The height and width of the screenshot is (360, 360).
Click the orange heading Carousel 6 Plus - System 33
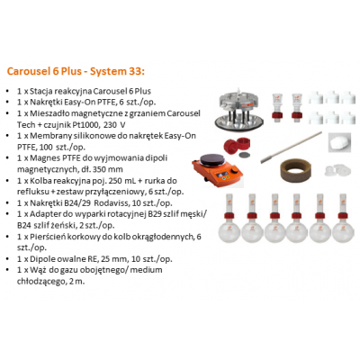(x=76, y=71)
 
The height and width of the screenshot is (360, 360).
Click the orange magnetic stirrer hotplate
(x=217, y=170)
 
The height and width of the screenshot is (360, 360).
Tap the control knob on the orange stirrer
(x=237, y=173)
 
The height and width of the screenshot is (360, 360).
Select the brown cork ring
(x=295, y=169)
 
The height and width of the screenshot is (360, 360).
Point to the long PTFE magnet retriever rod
(x=291, y=147)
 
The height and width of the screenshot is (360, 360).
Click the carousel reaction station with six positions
(x=239, y=112)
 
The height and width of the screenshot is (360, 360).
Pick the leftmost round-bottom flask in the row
(x=229, y=218)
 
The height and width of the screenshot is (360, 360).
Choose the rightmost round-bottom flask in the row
(x=343, y=218)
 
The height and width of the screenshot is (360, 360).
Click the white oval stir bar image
(x=339, y=142)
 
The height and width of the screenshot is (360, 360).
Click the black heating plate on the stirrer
(x=212, y=159)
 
